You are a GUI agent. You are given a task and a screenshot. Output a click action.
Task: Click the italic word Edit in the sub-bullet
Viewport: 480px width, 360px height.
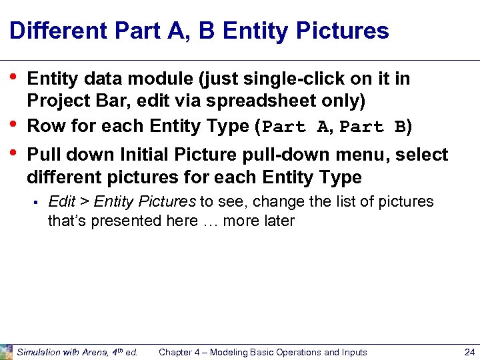(61, 202)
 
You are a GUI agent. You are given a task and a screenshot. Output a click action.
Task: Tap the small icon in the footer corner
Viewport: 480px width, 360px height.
(6, 351)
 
